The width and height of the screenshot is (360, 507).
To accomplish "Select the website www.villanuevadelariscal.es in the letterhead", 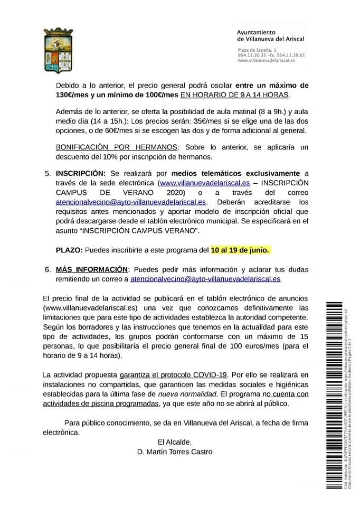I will [x=266, y=60].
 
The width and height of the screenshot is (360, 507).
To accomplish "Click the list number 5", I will [x=48, y=173].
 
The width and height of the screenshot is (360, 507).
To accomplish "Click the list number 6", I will [x=48, y=268].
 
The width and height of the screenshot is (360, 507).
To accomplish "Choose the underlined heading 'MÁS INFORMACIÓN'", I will [x=92, y=268].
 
